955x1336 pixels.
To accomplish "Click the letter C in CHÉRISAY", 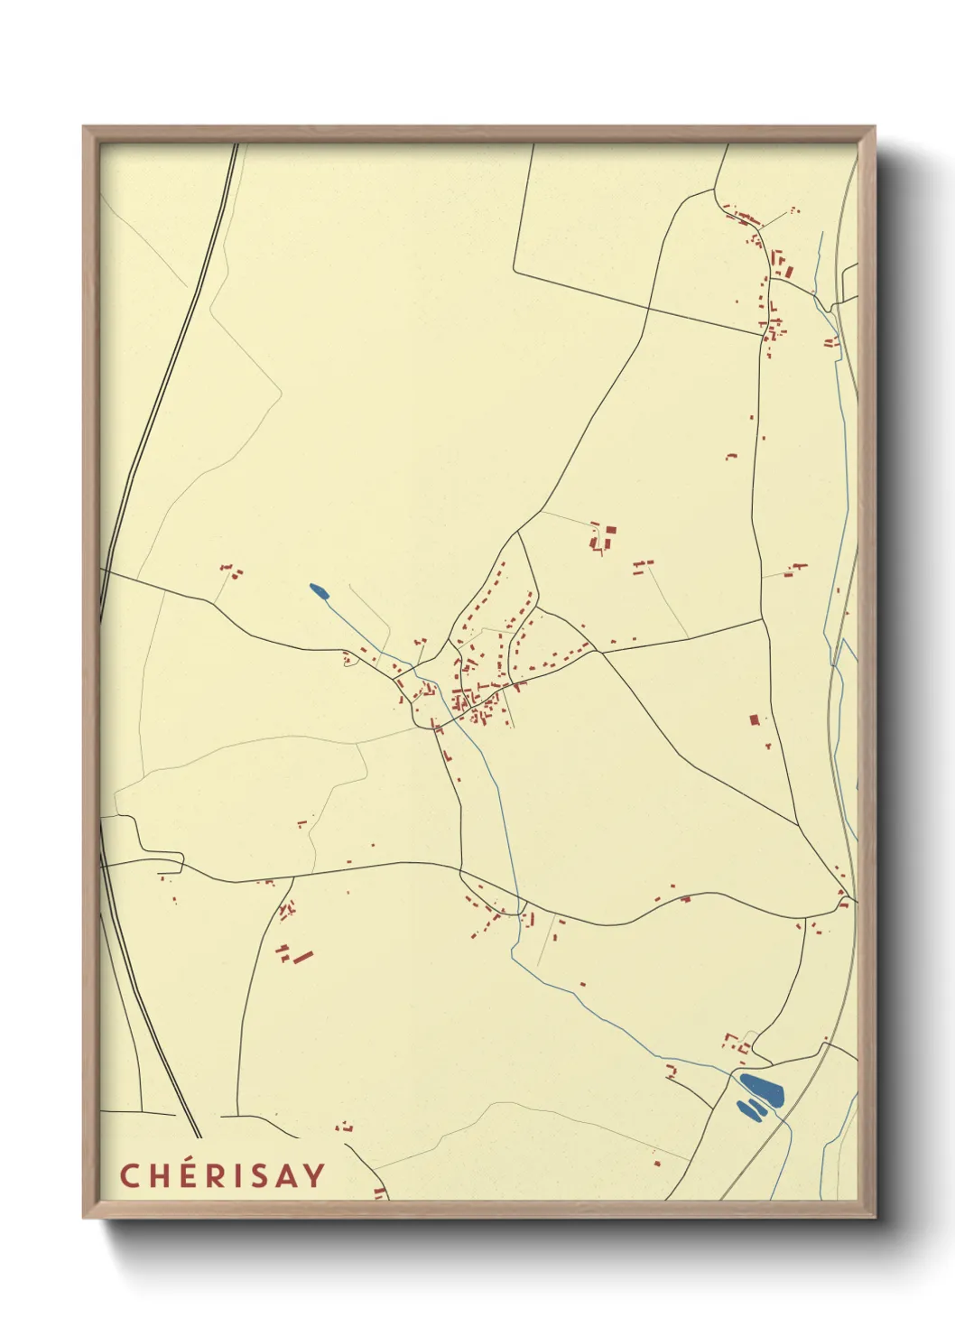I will point(129,1175).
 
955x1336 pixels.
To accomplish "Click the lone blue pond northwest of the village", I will point(319,591).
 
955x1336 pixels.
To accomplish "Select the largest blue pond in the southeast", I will point(762,1088).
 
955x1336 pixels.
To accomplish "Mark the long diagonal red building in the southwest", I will point(302,955).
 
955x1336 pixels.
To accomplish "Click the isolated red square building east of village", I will point(755,719).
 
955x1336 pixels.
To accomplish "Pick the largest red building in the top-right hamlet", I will point(787,269).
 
